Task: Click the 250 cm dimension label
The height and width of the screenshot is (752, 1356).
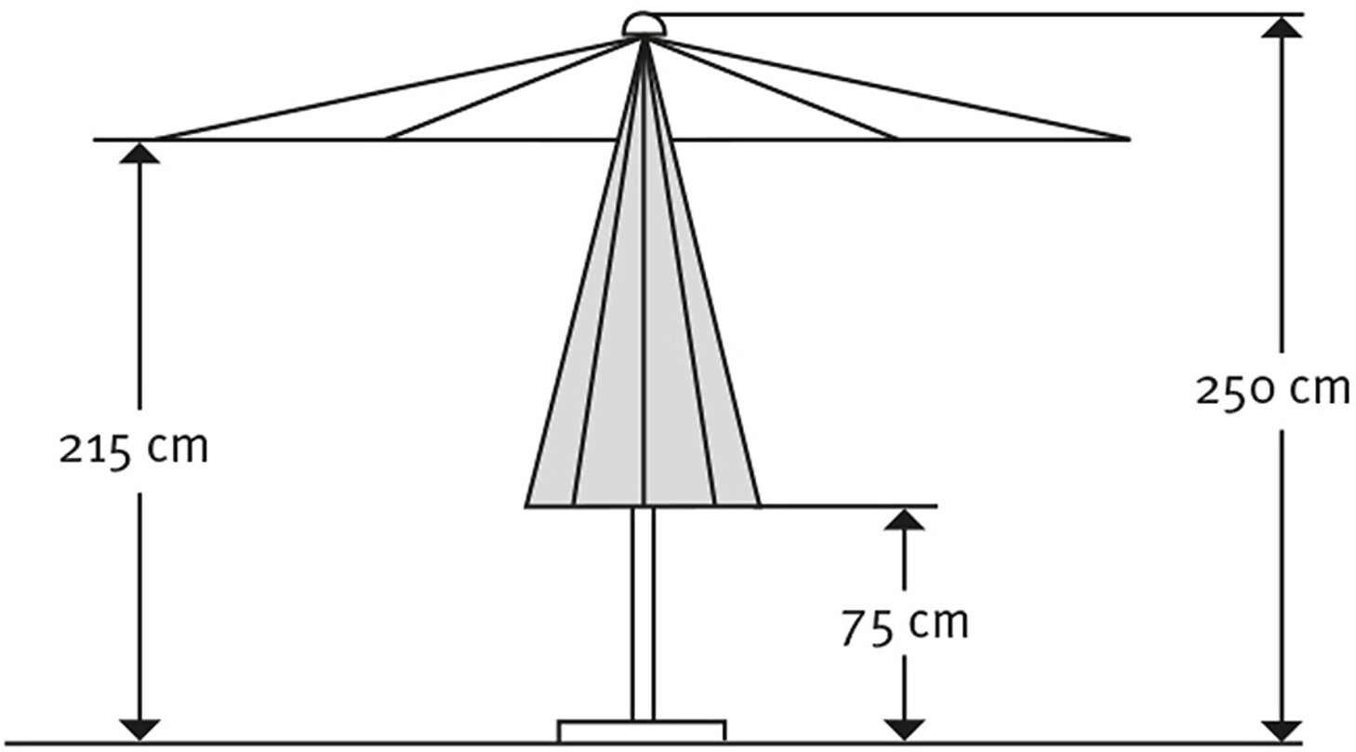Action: (x=1271, y=390)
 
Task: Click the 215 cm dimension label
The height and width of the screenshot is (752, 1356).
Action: (x=134, y=449)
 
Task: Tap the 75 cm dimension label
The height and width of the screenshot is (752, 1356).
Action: (x=904, y=625)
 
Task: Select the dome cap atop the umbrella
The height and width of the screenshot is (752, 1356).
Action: (x=644, y=25)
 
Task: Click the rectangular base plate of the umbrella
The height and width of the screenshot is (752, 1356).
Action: (x=641, y=731)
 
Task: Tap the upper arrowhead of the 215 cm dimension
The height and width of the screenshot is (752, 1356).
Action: (x=140, y=154)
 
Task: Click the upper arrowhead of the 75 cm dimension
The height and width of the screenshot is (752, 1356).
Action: (x=904, y=519)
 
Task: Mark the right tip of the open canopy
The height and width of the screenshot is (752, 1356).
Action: (x=1127, y=139)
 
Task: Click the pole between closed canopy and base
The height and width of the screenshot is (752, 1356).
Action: (x=643, y=614)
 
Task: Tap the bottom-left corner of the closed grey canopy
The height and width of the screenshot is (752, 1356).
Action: (x=527, y=505)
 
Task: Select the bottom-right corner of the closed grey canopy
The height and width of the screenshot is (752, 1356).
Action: (x=759, y=505)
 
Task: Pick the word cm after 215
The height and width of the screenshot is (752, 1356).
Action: (x=179, y=449)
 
